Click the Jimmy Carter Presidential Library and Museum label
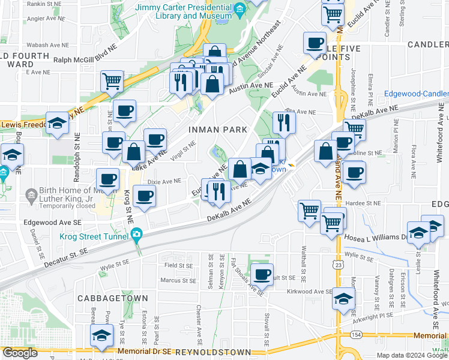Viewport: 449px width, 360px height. [184, 12]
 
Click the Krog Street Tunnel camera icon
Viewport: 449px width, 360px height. [137, 234]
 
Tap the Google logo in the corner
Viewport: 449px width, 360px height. [20, 353]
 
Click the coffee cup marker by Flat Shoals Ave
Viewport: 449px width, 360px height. [261, 275]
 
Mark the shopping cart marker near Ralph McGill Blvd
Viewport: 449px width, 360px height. [112, 82]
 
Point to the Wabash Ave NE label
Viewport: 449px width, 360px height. [43, 44]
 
